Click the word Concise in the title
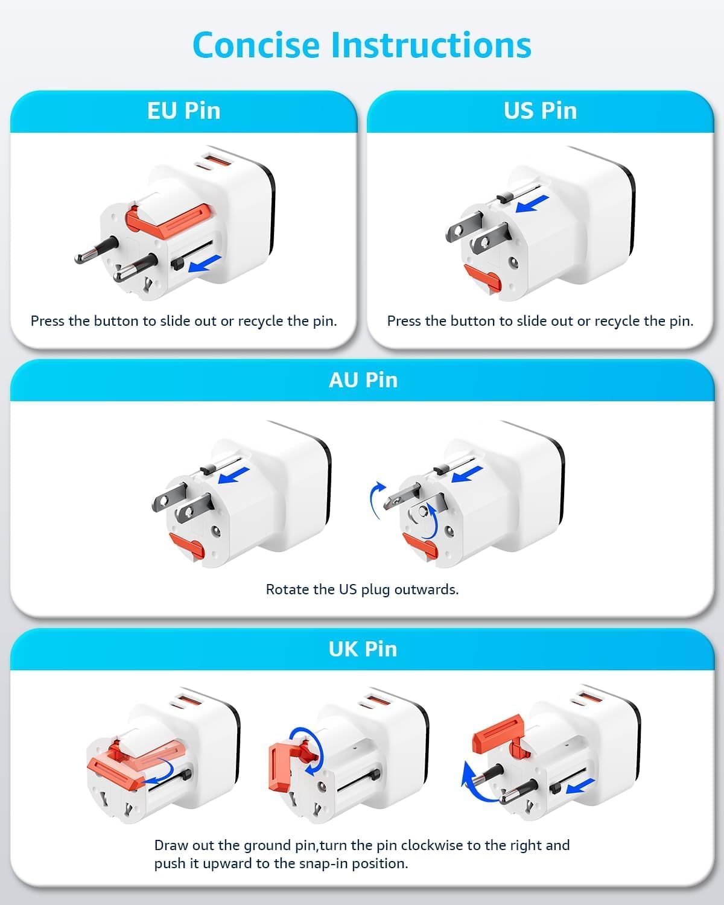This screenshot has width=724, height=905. point(256,45)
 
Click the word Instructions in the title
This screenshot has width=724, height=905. point(431,45)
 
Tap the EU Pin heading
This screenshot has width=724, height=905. point(184,111)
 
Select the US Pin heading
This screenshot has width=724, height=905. point(540,111)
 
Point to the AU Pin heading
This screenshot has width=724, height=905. point(363,380)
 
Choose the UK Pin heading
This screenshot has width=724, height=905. point(363,649)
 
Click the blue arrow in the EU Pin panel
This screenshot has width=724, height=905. point(205,263)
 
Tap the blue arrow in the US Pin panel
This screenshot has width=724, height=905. point(532,203)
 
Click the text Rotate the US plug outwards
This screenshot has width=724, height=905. point(362,589)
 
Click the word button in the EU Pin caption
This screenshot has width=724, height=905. point(117,322)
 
